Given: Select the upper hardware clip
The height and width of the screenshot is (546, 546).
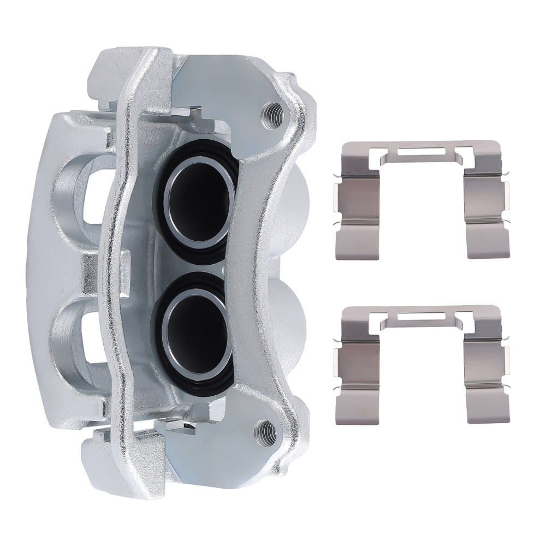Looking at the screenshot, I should pos(419,199).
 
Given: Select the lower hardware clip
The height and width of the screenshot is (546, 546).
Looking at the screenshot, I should pos(419,363).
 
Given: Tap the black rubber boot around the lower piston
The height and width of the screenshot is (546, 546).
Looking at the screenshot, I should pos(164,349).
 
